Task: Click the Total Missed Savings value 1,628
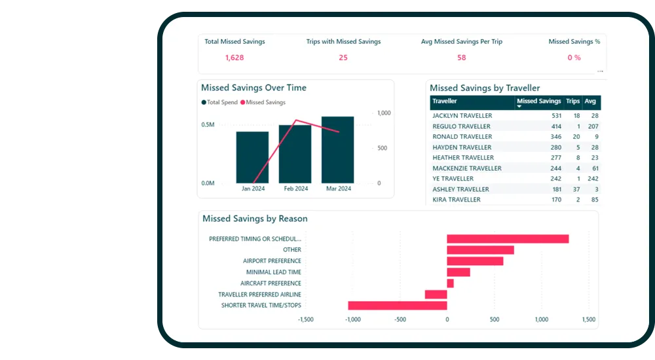234,58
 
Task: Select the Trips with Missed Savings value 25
343,58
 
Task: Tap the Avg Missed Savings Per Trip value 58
461,58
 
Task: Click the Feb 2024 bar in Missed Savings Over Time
295,154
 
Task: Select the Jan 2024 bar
252,158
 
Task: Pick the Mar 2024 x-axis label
339,189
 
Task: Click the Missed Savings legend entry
265,103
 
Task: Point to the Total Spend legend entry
220,103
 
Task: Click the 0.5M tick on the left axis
208,124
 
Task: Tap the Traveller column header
445,101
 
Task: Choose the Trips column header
572,101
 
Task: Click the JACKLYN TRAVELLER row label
462,116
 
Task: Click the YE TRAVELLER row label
453,179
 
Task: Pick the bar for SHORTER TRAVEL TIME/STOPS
398,305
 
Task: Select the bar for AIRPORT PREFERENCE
475,261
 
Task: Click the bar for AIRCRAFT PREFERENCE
450,283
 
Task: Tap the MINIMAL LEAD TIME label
273,272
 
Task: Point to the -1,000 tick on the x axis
352,319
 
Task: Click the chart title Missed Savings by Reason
255,219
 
